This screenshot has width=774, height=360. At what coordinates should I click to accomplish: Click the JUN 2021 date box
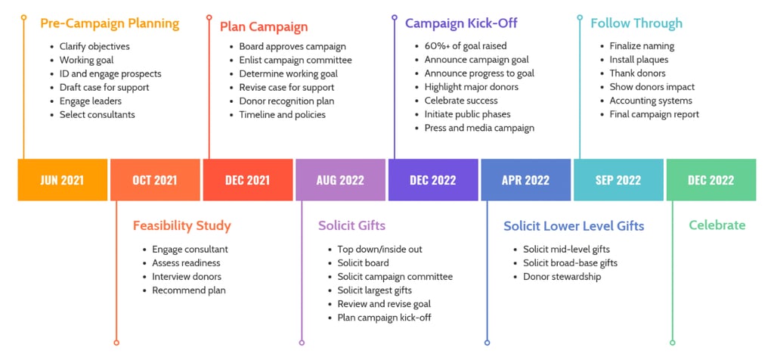click(63, 180)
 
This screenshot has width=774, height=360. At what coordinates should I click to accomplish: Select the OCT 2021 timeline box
click(155, 180)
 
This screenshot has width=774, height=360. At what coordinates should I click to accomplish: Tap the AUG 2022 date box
click(340, 180)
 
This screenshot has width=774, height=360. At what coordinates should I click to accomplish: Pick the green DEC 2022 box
click(711, 180)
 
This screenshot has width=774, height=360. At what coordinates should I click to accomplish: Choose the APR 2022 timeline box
click(525, 180)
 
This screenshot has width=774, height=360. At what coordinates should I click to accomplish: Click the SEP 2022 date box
click(618, 180)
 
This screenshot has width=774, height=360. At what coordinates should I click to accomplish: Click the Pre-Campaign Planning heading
click(110, 23)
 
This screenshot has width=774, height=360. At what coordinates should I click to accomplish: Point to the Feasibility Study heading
click(181, 225)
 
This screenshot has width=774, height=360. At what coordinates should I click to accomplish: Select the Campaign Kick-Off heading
click(461, 23)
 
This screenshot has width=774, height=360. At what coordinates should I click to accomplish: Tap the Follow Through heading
click(636, 23)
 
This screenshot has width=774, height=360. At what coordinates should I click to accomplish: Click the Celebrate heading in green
click(717, 225)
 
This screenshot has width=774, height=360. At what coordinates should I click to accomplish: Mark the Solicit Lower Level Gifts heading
click(574, 225)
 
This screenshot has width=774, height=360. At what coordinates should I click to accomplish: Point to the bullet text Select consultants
click(97, 115)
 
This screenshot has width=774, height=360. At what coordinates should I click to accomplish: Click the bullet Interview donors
click(187, 277)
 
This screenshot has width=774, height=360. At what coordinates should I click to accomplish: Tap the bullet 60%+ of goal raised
click(466, 46)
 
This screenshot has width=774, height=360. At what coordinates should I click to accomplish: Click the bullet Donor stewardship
click(562, 277)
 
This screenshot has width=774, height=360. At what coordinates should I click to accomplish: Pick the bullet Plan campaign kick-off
click(384, 318)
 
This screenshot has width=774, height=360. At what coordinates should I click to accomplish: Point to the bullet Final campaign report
click(654, 115)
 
